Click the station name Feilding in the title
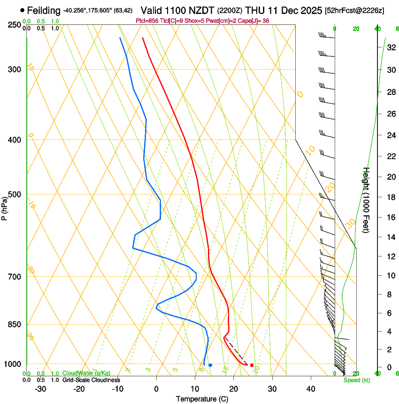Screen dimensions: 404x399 [x=44, y=10]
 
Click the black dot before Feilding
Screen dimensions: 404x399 [x=22, y=10]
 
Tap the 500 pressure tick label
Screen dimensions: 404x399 [x=14, y=194]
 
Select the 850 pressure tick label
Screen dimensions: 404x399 [x=14, y=324]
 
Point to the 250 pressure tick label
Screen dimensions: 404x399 [x=14, y=24]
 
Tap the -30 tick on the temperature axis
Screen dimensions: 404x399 [x=40, y=389]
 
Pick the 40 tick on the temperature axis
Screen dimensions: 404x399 [x=310, y=389]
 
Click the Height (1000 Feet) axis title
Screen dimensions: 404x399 [x=366, y=200]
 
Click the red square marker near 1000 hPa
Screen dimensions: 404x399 [x=252, y=365]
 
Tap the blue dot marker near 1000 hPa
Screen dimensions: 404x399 [x=210, y=365]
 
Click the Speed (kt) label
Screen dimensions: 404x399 [x=356, y=380]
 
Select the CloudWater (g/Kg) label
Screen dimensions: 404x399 [x=86, y=373]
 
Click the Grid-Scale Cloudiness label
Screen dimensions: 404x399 [x=91, y=380]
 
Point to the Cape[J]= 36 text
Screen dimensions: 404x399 [x=256, y=21]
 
